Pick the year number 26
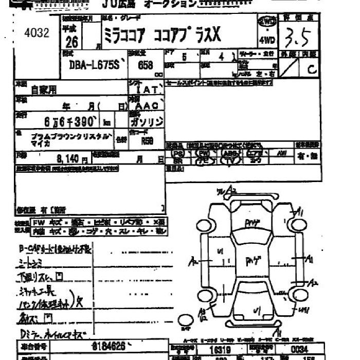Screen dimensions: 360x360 pyautogui.click(x=73, y=42)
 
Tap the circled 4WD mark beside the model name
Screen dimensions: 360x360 pyautogui.click(x=267, y=22)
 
